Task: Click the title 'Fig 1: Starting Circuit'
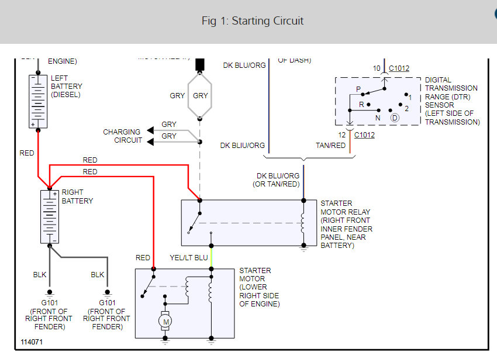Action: click(253, 21)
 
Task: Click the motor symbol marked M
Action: click(165, 320)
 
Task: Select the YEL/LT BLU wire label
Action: click(188, 257)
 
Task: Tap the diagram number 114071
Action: click(32, 342)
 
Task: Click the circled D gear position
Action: click(395, 118)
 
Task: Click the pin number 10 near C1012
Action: click(377, 68)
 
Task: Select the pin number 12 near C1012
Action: click(341, 135)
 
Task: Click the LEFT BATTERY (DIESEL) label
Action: click(67, 86)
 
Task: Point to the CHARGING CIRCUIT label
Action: click(122, 136)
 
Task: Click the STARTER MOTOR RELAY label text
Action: click(345, 225)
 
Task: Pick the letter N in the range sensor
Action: click(378, 118)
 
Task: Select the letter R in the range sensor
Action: click(362, 105)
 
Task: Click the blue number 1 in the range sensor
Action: click(410, 96)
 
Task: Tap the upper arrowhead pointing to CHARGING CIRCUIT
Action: click(151, 130)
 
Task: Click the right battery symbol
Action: click(49, 216)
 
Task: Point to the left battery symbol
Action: click(38, 101)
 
